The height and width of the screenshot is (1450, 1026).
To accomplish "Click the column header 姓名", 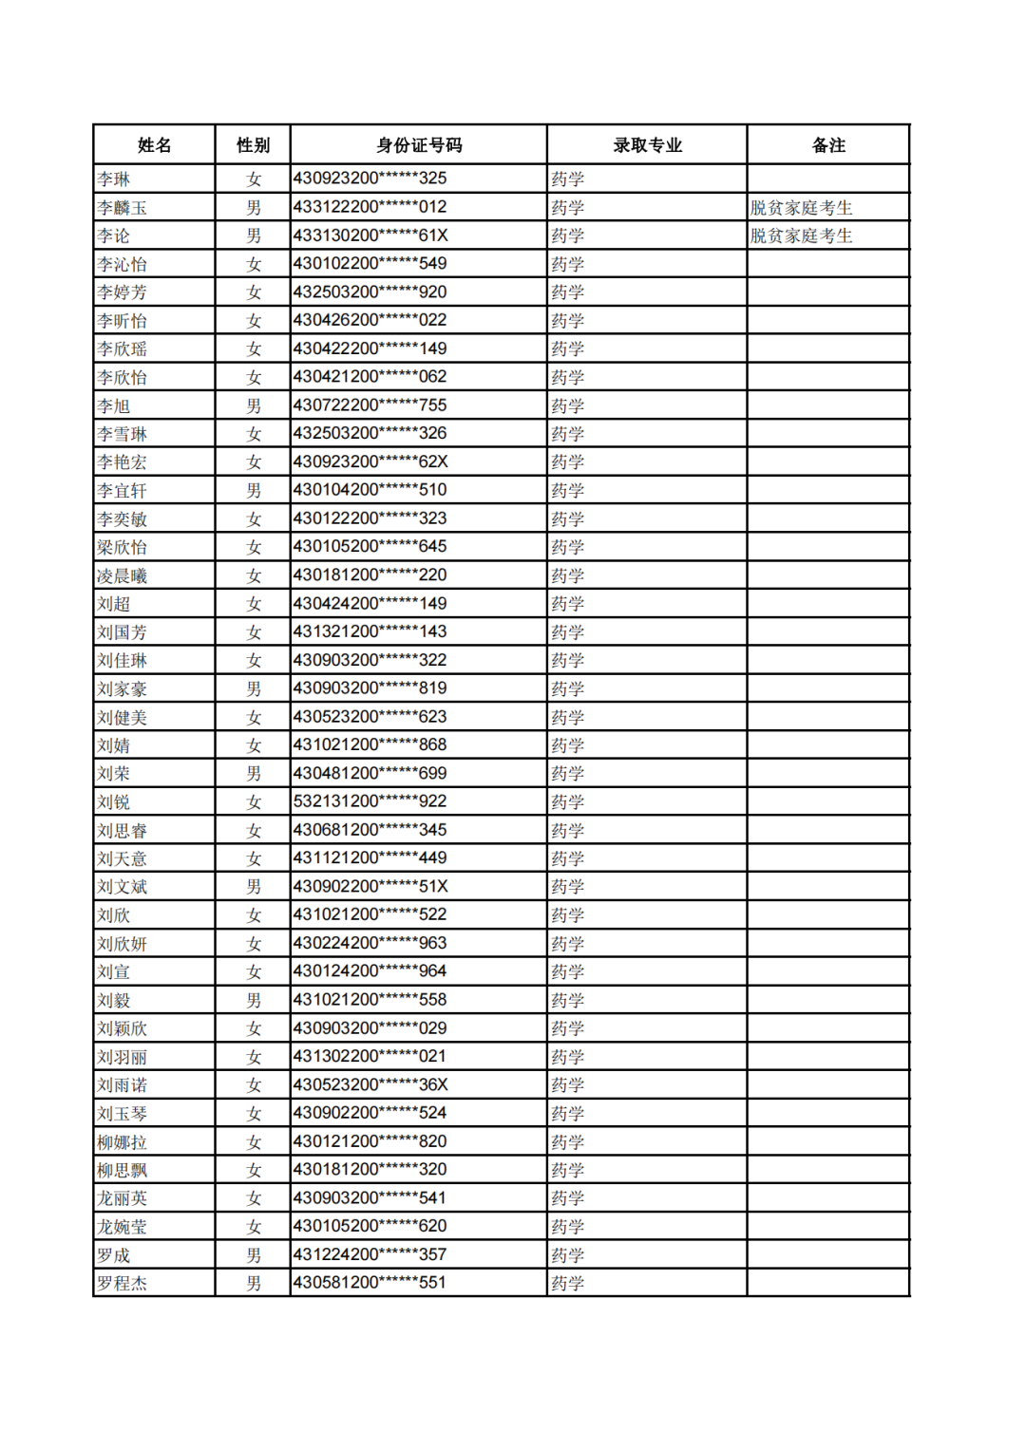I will pyautogui.click(x=154, y=145).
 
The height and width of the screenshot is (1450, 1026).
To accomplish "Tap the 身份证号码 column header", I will pyautogui.click(x=419, y=145).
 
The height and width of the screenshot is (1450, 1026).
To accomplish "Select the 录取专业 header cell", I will pyautogui.click(x=647, y=145).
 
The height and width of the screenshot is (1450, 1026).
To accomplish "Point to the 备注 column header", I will pyautogui.click(x=828, y=145).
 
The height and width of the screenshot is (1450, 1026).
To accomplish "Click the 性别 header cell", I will pyautogui.click(x=253, y=145).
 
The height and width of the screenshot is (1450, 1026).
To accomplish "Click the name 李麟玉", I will pyautogui.click(x=122, y=208).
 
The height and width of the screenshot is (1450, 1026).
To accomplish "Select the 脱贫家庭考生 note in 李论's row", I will pyautogui.click(x=801, y=235).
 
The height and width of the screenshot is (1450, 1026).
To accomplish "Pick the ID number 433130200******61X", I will pyautogui.click(x=370, y=235).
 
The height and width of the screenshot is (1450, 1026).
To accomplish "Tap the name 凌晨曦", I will pyautogui.click(x=122, y=575).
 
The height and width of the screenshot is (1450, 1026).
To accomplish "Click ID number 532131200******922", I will pyautogui.click(x=370, y=801).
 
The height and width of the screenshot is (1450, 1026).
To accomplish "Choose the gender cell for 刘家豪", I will pyautogui.click(x=253, y=688).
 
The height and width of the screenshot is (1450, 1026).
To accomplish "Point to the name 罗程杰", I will pyautogui.click(x=122, y=1283).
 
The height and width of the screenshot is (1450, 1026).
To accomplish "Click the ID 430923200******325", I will pyautogui.click(x=370, y=179).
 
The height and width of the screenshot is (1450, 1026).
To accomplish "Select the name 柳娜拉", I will pyautogui.click(x=122, y=1141).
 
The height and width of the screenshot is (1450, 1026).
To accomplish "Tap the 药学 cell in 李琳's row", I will pyautogui.click(x=568, y=179).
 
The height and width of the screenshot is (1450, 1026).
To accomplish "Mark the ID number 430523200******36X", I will pyautogui.click(x=370, y=1084).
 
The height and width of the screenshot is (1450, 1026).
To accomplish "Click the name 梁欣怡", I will pyautogui.click(x=122, y=547).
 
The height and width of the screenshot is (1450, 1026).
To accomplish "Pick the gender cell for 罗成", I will pyautogui.click(x=253, y=1254).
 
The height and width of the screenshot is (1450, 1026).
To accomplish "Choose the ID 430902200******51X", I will pyautogui.click(x=370, y=886).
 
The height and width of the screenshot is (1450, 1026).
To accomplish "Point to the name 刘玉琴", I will pyautogui.click(x=122, y=1113).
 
